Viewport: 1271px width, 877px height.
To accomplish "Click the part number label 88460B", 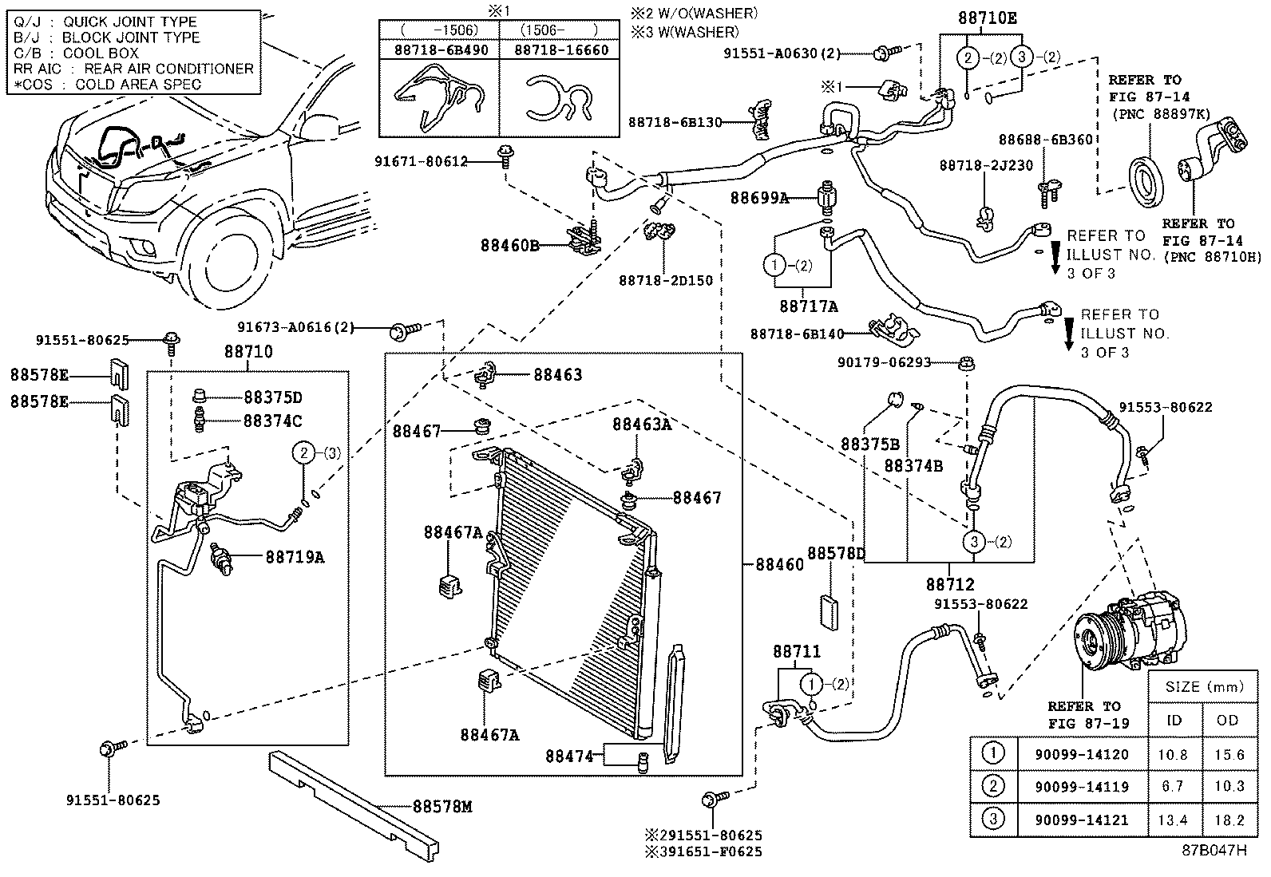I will point(510,245).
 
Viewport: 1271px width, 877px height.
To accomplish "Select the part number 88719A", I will point(295,557).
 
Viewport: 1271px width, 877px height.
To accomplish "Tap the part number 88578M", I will point(443,807).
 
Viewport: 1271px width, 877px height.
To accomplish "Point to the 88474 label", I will point(569,755).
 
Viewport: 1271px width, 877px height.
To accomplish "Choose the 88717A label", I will point(809,306).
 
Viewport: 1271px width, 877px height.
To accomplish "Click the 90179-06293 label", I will point(884,362).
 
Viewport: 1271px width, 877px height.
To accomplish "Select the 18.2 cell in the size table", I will point(1228,820).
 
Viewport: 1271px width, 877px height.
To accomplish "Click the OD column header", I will point(1228,720).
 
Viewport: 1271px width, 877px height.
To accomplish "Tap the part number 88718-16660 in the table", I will point(561,49).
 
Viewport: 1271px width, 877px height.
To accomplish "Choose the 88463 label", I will point(557,374).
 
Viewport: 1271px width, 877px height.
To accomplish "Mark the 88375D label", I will point(273,397).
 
